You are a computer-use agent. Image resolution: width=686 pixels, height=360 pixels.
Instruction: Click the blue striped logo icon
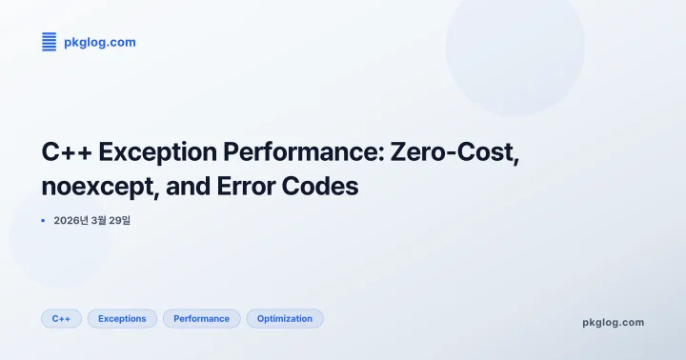pyautogui.click(x=50, y=42)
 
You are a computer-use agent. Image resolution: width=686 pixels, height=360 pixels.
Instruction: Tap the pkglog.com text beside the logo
pyautogui.click(x=99, y=42)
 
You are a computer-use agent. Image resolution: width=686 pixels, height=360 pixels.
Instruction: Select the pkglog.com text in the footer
pyautogui.click(x=613, y=322)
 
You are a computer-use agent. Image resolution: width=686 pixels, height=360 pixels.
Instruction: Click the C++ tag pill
pyautogui.click(x=61, y=318)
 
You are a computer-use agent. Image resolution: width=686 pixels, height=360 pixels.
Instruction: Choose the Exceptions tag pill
pyautogui.click(x=122, y=318)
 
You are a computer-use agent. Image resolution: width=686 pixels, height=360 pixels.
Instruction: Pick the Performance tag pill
pyautogui.click(x=201, y=318)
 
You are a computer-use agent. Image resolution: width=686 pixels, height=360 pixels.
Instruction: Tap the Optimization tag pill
pyautogui.click(x=285, y=318)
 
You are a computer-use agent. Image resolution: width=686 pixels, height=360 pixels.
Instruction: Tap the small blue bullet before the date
pyautogui.click(x=44, y=221)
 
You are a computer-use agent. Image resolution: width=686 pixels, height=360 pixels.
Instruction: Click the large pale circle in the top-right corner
pyautogui.click(x=514, y=52)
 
